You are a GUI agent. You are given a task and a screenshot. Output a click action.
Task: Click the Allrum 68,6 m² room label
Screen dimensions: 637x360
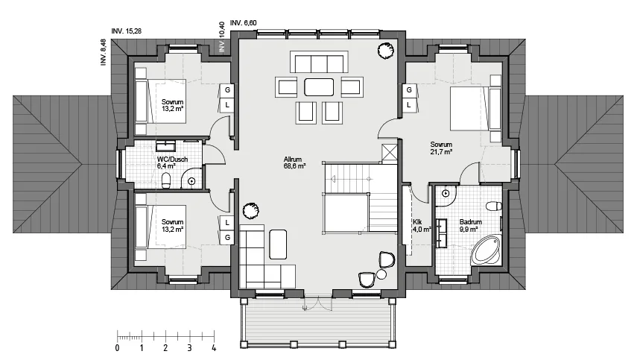click(x=294, y=162)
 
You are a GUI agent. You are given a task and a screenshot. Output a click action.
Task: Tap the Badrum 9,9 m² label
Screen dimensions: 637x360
click(x=470, y=226)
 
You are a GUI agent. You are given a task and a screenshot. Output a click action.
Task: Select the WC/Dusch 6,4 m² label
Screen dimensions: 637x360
click(x=172, y=162)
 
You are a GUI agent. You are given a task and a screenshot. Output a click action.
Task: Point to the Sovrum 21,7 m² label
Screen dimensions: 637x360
click(x=441, y=148)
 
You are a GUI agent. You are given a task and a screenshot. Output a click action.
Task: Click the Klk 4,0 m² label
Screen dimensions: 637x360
click(x=422, y=226)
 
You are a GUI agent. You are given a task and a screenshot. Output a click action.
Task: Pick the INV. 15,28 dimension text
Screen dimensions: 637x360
click(x=127, y=31)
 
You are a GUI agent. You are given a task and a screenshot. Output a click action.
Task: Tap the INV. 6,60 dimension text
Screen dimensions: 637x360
click(x=244, y=23)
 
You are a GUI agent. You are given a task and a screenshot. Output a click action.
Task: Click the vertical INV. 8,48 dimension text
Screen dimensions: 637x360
click(x=104, y=52)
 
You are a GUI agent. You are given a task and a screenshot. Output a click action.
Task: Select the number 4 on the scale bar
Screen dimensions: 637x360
click(x=214, y=348)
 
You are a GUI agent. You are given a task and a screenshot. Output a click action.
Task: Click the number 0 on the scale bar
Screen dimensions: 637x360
click(x=118, y=348)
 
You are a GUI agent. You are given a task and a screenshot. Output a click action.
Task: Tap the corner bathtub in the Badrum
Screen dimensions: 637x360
click(x=486, y=250)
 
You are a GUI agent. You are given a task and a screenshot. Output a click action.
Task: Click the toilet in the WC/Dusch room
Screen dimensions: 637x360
click(x=166, y=181)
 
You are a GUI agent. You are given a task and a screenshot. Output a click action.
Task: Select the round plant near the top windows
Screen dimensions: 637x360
click(x=385, y=51)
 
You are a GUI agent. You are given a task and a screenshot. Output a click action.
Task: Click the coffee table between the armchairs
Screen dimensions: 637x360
click(x=319, y=87)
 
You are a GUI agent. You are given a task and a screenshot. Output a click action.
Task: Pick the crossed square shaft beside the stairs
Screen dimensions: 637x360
click(x=390, y=154)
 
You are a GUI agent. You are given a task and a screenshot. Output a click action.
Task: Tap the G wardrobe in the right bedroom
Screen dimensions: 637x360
click(x=409, y=89)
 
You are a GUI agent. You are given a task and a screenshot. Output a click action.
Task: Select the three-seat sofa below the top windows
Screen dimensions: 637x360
click(x=319, y=62)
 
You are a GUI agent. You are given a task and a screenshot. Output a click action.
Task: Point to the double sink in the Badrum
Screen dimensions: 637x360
click(x=441, y=233)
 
